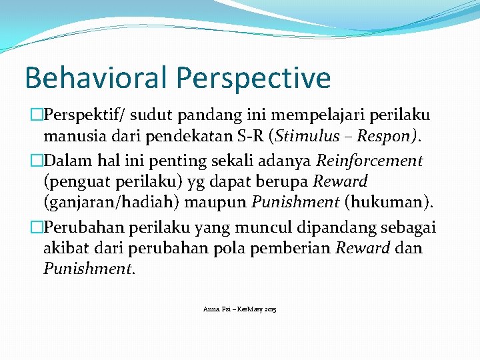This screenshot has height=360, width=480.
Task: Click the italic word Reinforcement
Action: (369, 160)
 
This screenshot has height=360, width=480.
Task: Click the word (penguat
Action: (69, 182)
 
